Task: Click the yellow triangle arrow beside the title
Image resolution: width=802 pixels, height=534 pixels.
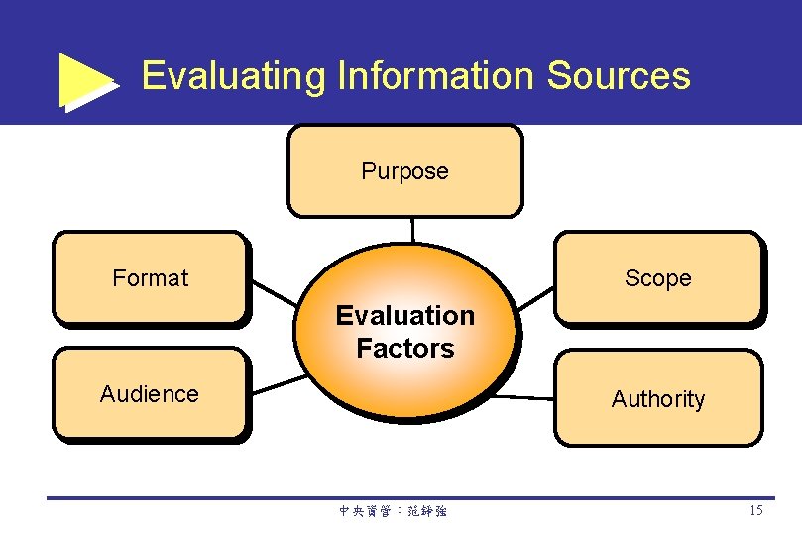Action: coord(85,80)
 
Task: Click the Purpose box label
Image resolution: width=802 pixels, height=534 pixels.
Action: coord(404,171)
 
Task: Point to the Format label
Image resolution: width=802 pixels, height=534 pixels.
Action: coord(150,278)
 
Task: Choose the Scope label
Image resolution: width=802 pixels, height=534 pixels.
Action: coord(657,278)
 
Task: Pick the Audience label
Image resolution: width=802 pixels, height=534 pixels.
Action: coord(149,394)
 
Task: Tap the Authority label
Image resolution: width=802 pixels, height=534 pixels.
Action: coord(657,399)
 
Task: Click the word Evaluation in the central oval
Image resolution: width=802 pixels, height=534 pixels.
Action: coord(404,316)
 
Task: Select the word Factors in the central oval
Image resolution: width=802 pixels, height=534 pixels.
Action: coord(404,349)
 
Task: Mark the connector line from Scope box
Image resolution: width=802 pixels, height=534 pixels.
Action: coord(535,297)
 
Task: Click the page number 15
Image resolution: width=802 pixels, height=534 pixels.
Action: coord(755,511)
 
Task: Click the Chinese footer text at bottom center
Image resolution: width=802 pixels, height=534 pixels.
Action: coord(393,512)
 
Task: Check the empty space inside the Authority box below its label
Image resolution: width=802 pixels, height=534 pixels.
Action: coord(657,428)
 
